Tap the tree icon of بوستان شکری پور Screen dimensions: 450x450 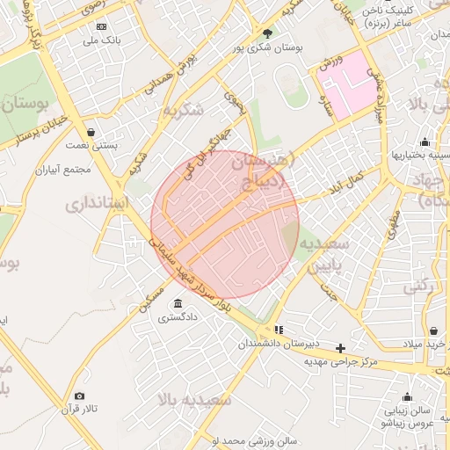(267, 33)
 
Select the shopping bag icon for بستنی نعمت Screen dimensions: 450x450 (91, 132)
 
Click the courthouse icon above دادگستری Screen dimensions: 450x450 (178, 303)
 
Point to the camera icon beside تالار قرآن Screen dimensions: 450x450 (80, 396)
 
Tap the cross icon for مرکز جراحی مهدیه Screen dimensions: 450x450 (341, 348)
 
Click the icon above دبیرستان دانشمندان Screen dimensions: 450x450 (279, 330)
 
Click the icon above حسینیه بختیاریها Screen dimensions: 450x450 (425, 142)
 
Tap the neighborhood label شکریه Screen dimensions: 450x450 (183, 110)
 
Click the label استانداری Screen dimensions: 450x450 (98, 205)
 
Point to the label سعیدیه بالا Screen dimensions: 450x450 (194, 400)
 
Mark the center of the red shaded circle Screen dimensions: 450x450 (226, 225)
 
